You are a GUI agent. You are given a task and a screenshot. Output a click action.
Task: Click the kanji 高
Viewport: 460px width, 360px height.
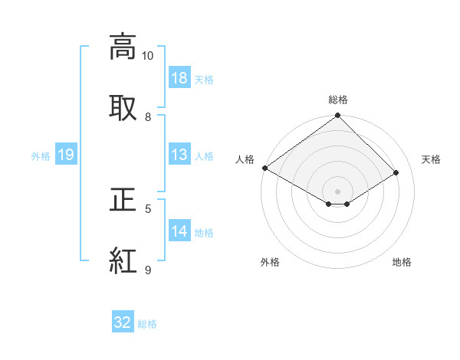123,47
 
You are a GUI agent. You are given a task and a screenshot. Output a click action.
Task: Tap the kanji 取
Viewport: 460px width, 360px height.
123,108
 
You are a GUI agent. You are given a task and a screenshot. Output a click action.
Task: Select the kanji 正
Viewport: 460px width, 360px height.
123,200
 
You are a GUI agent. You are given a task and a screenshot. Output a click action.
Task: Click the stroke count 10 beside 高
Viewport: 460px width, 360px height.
147,56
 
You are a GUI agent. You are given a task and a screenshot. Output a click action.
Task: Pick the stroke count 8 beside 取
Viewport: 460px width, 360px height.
148,117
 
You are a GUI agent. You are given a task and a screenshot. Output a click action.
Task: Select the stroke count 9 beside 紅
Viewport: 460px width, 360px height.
148,270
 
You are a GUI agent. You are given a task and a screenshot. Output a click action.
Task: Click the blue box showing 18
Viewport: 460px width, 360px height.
179,78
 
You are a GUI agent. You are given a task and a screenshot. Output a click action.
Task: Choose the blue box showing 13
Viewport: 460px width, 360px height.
179,155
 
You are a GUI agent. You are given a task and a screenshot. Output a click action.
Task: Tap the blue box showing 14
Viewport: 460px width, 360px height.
179,231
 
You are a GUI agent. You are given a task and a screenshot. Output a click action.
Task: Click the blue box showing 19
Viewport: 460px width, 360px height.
66,155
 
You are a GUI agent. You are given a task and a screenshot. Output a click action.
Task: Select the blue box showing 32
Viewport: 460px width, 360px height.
123,322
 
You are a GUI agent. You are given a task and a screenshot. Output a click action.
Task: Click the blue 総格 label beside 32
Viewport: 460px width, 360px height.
147,324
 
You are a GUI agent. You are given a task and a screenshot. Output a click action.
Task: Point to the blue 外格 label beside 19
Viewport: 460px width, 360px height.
41,156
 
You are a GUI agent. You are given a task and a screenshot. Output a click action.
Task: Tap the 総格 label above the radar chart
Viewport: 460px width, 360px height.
338,100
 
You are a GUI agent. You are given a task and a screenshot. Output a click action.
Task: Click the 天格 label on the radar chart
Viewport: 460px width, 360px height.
432,159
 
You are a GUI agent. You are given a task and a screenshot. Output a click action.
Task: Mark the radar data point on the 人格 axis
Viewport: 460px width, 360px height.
265,168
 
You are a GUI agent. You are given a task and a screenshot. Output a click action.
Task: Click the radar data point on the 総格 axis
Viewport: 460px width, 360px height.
338,116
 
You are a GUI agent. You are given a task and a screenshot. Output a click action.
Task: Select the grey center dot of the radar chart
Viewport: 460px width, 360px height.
338,191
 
